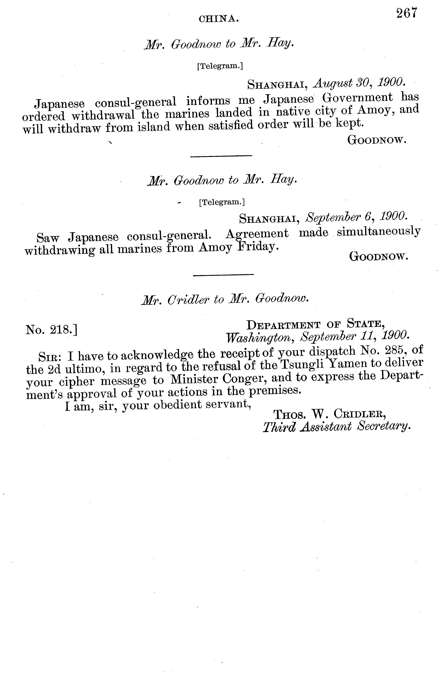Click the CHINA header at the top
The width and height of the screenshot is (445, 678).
click(218, 19)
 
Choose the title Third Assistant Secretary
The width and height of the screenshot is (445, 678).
click(337, 427)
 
